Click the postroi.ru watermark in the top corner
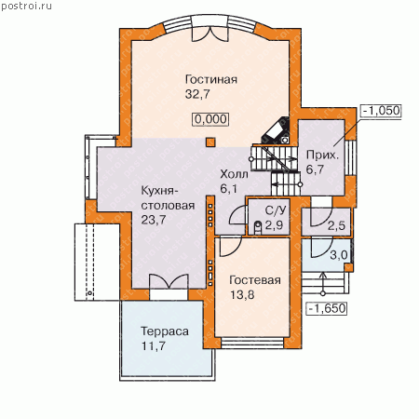click(26, 7)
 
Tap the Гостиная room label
click(211, 79)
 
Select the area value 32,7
click(197, 94)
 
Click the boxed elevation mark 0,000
click(211, 119)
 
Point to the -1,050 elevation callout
click(381, 111)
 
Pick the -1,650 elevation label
click(327, 308)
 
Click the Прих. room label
click(322, 155)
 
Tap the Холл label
click(234, 174)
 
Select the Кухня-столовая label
click(168, 197)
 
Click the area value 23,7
click(154, 220)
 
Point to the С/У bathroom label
click(276, 210)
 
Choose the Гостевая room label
click(255, 280)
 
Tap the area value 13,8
click(242, 294)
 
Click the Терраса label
click(165, 331)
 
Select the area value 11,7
click(154, 345)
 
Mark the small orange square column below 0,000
click(210, 142)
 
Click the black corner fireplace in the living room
click(277, 130)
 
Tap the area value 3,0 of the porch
click(339, 255)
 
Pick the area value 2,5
click(336, 225)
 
